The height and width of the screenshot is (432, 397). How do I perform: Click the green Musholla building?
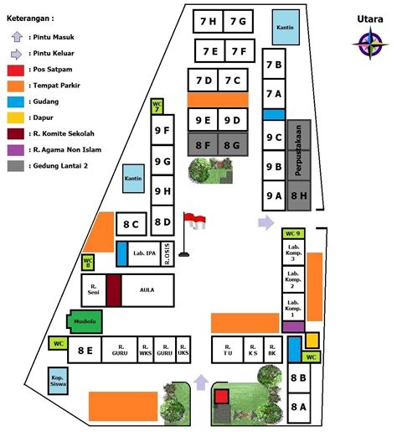click(83, 320)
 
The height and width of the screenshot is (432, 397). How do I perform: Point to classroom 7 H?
click(204, 21)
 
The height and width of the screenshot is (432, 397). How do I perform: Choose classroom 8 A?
click(299, 407)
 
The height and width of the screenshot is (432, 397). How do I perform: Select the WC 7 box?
click(157, 107)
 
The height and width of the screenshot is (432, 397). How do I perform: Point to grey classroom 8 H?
click(299, 195)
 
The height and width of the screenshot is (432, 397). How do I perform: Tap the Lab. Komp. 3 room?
click(292, 254)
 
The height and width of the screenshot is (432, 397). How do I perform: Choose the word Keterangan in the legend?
click(31, 17)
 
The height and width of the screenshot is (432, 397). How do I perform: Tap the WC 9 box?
click(292, 233)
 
